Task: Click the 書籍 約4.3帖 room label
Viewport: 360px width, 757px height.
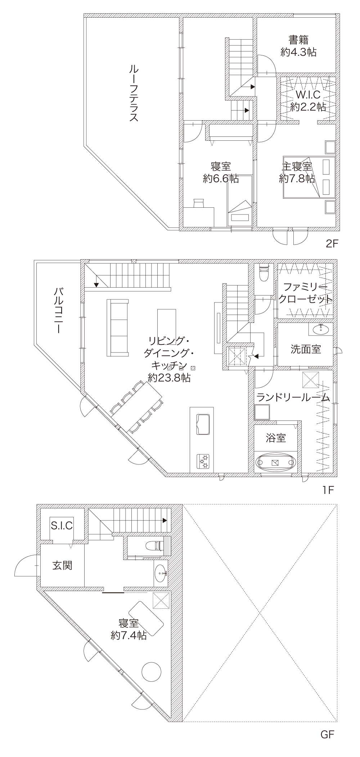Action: pyautogui.click(x=298, y=46)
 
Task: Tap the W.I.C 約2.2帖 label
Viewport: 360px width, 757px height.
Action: pyautogui.click(x=308, y=101)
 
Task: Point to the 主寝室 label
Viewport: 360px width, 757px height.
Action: pyautogui.click(x=297, y=167)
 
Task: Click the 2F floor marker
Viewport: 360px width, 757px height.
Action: pyautogui.click(x=332, y=244)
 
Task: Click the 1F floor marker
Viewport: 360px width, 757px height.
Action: pyautogui.click(x=329, y=490)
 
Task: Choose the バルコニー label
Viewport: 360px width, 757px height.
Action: pyautogui.click(x=58, y=310)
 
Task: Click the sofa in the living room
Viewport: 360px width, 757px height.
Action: pyautogui.click(x=117, y=328)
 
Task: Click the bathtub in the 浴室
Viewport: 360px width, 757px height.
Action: pyautogui.click(x=276, y=463)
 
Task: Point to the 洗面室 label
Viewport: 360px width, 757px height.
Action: pyautogui.click(x=306, y=349)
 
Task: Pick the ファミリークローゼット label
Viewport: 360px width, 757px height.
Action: pyautogui.click(x=305, y=293)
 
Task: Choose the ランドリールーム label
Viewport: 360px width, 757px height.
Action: pyautogui.click(x=293, y=397)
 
